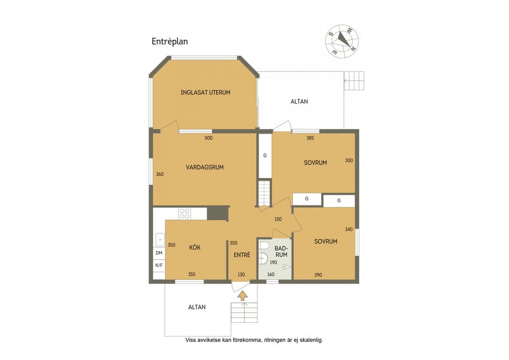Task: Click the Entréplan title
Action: point(170,42)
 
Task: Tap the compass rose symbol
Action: point(342,41)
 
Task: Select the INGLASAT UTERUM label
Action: point(205,92)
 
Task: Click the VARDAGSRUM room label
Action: point(204,168)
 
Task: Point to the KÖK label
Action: point(195,247)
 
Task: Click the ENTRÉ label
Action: point(242,255)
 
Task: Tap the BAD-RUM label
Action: point(281,252)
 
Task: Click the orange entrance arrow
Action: point(243,295)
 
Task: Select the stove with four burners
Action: point(184,214)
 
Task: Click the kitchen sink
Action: point(160,240)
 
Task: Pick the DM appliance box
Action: point(159,253)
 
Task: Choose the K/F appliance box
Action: point(159,265)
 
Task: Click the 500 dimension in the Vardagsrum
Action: point(208,138)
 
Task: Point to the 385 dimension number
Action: point(310,138)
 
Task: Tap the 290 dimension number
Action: point(318,275)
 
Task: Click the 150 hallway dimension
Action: point(278,219)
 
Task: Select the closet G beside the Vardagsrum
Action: point(265,156)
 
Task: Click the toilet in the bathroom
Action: point(263,246)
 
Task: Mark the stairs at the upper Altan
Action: point(354,81)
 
